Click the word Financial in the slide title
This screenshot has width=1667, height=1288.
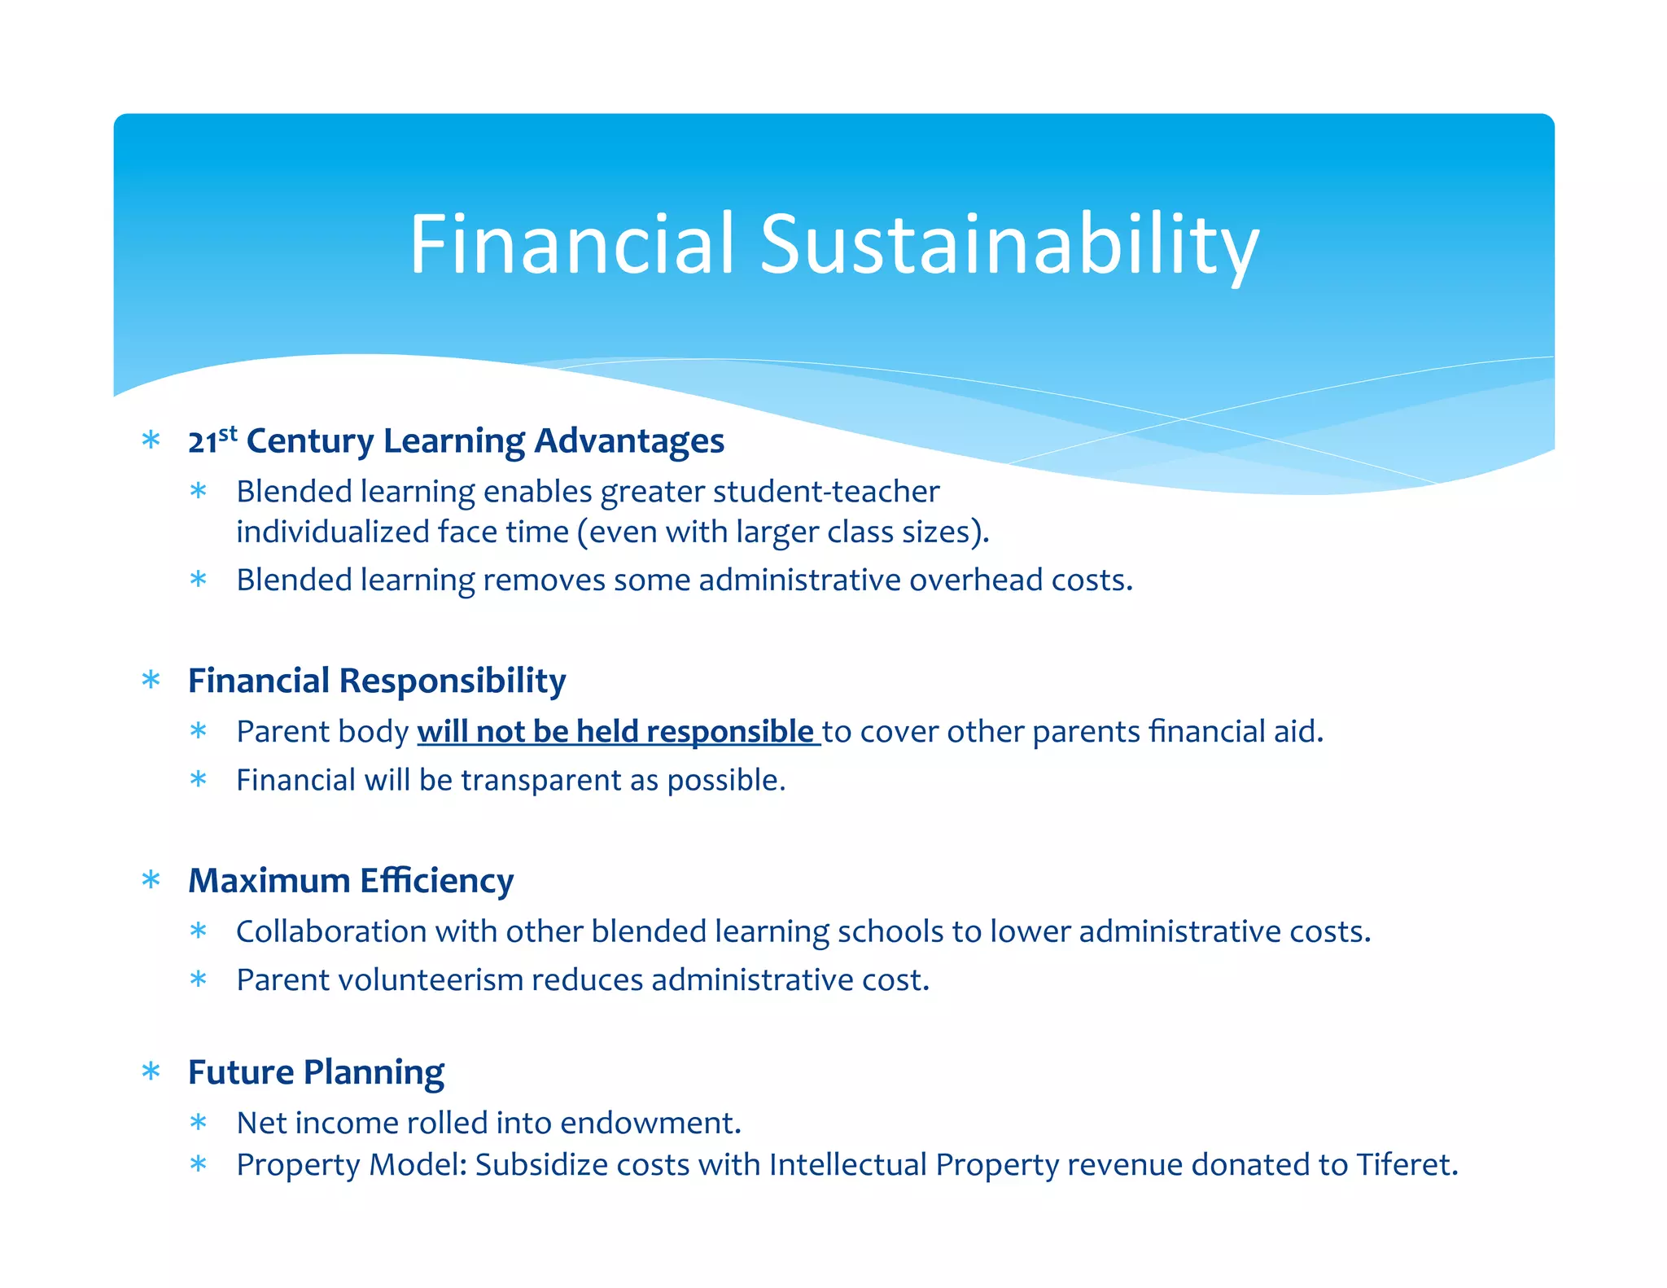[572, 244]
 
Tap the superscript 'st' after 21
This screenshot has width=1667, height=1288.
[228, 432]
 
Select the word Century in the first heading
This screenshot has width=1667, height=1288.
[310, 440]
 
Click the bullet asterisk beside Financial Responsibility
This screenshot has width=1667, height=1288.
[151, 680]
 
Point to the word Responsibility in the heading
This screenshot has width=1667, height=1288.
[452, 681]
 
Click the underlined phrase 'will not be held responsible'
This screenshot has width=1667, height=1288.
[615, 731]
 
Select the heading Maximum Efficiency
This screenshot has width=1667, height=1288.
[351, 880]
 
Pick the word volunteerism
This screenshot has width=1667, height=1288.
[431, 979]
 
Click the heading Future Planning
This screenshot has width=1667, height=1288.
[316, 1072]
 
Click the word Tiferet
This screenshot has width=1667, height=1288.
[1407, 1164]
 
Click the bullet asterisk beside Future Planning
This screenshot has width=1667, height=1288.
[151, 1071]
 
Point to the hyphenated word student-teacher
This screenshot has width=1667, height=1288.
[826, 492]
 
